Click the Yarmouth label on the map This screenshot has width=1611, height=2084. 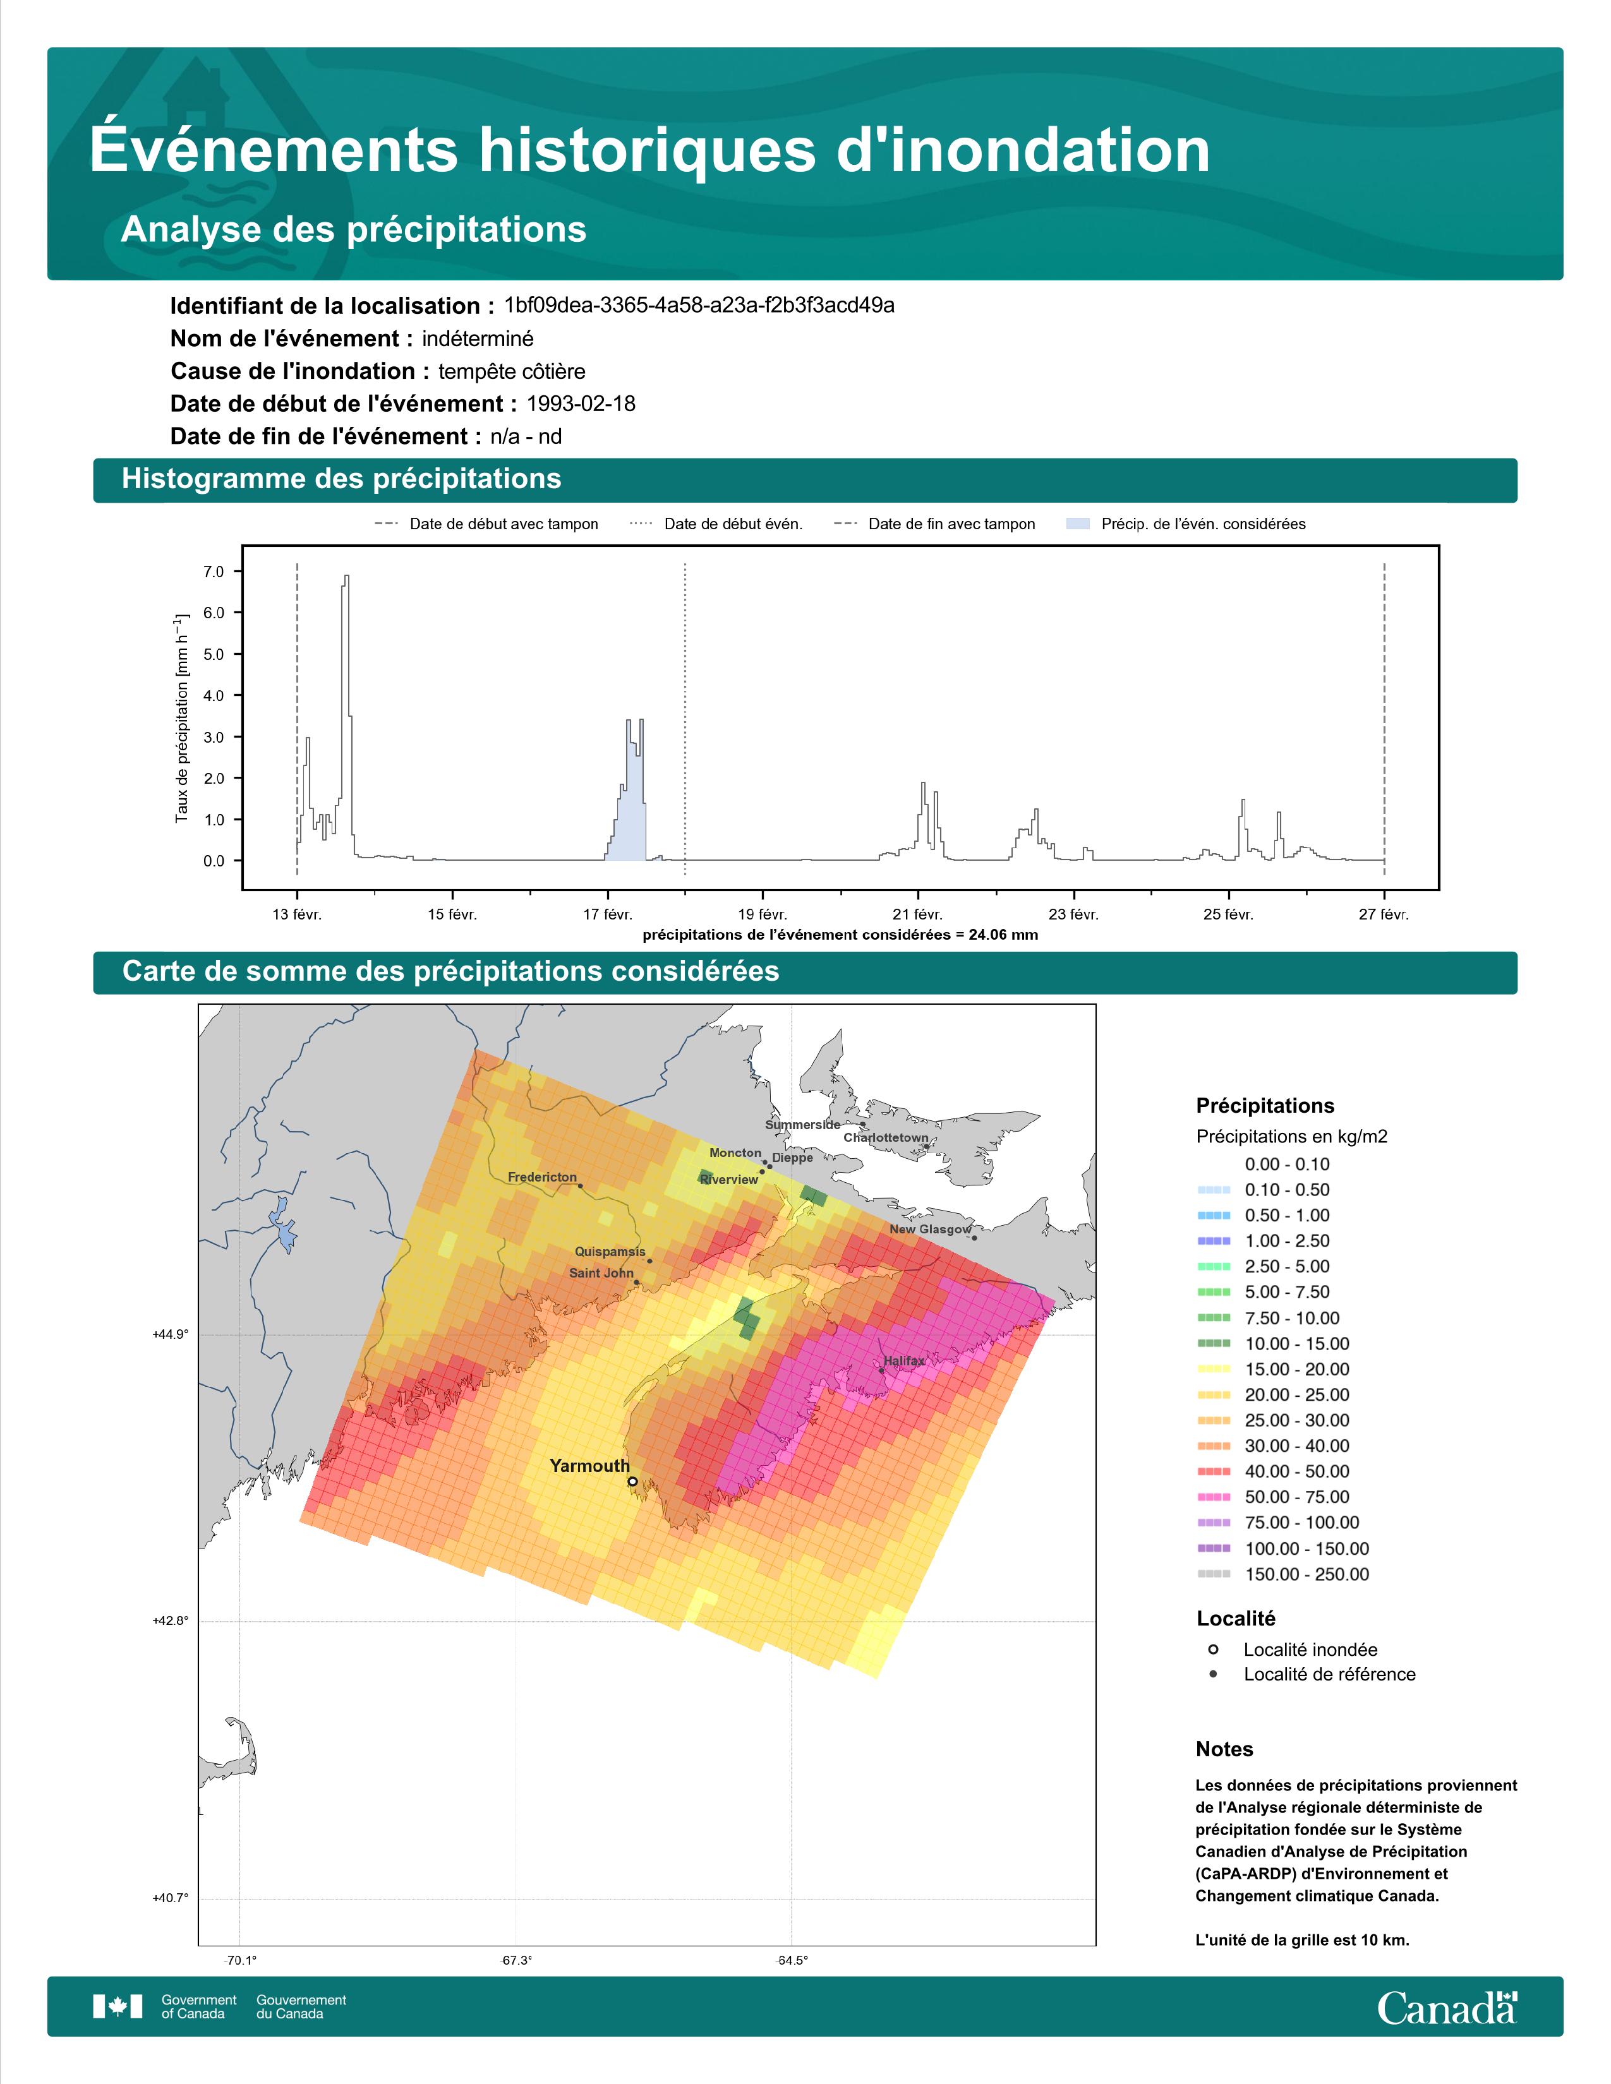590,1466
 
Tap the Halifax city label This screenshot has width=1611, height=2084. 904,1361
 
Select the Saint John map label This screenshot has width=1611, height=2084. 601,1273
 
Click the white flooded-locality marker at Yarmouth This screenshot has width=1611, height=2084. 633,1482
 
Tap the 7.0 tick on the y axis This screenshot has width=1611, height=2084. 213,572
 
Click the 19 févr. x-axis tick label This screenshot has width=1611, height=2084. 763,914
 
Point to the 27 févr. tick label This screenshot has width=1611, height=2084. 1384,914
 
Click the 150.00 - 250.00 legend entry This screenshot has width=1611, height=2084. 1282,1574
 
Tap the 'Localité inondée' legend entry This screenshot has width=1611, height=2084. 1293,1650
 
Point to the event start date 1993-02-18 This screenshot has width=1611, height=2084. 581,404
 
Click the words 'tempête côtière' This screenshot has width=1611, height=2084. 512,371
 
